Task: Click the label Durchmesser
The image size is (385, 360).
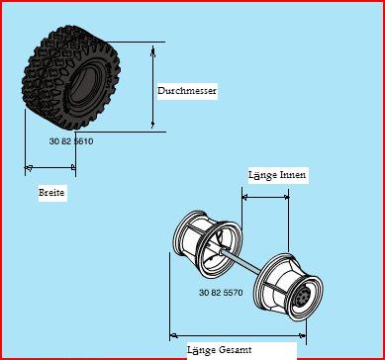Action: tap(187, 91)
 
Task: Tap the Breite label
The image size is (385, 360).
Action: tap(51, 192)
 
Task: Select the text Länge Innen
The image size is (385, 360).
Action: tap(277, 175)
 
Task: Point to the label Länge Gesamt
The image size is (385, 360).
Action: tap(220, 350)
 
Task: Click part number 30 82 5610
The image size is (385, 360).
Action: tap(71, 141)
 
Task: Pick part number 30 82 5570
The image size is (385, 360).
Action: tap(221, 293)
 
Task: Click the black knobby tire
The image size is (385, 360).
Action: tap(71, 77)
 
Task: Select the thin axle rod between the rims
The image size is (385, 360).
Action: tap(241, 261)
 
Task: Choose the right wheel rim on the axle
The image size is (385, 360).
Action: tap(288, 286)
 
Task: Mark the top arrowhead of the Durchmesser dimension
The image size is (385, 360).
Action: tap(152, 50)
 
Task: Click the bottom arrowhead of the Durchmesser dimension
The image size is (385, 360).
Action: tap(152, 124)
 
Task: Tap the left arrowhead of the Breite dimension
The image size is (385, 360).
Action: tap(29, 168)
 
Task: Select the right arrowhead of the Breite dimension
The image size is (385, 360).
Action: tap(72, 167)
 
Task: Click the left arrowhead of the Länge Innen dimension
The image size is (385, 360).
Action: tap(245, 197)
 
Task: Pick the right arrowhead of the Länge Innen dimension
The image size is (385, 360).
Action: tap(286, 197)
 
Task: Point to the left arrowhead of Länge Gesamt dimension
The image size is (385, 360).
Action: tap(174, 336)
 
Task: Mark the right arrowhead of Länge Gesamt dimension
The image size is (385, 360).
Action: tap(302, 336)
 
